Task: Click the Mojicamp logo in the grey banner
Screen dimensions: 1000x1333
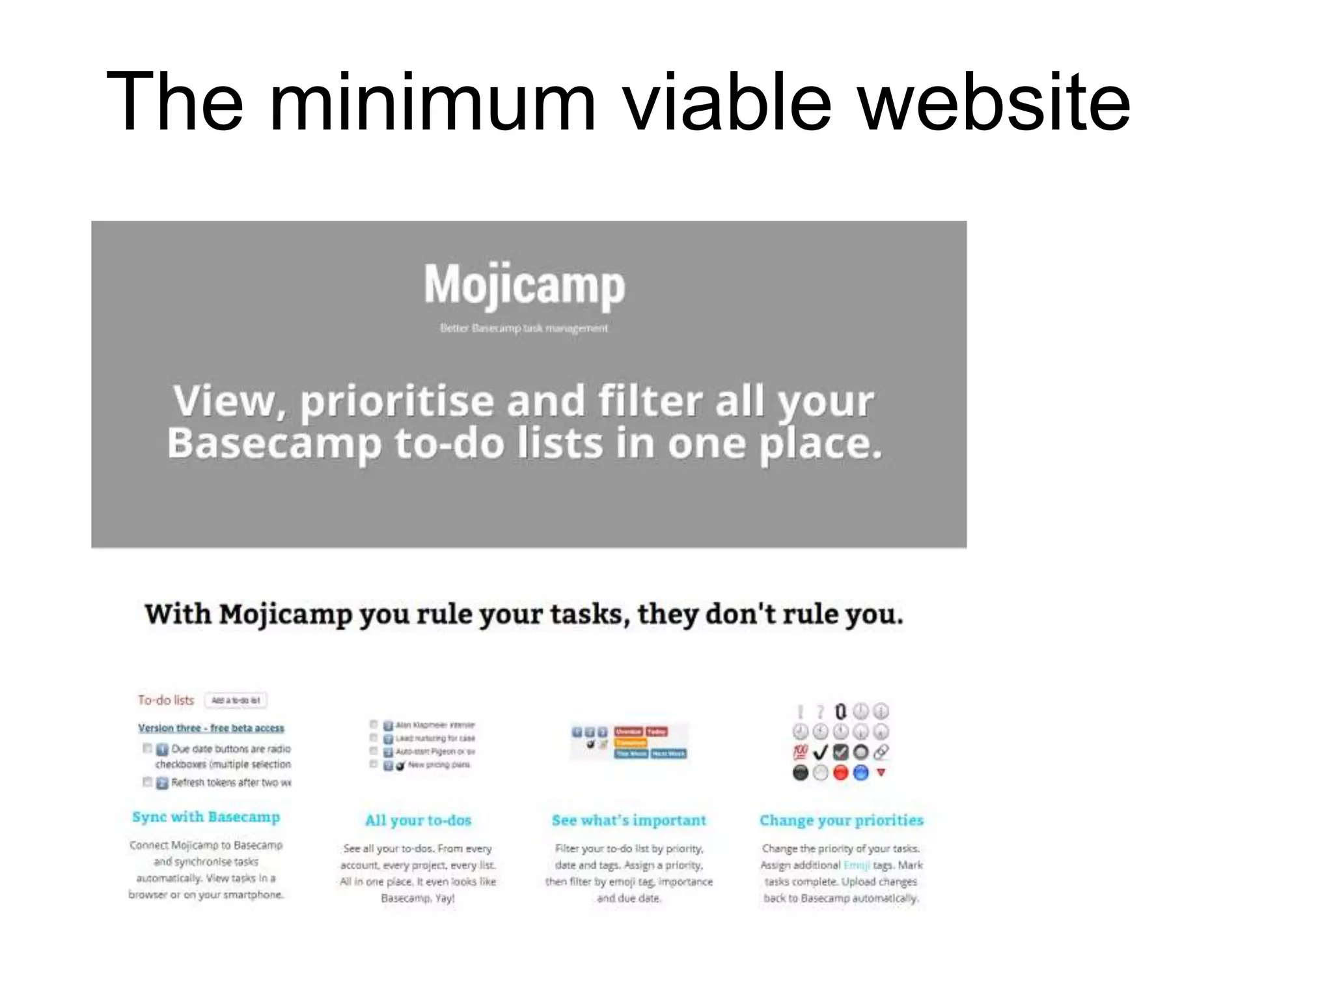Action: pyautogui.click(x=525, y=285)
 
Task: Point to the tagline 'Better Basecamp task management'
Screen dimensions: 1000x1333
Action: pyautogui.click(x=524, y=328)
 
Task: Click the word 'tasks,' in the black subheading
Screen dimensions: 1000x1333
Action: pyautogui.click(x=590, y=614)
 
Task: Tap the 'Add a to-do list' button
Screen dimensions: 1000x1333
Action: pyautogui.click(x=236, y=701)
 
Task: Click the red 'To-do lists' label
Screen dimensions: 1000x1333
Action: pyautogui.click(x=166, y=701)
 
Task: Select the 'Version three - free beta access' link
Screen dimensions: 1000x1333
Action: pyautogui.click(x=211, y=728)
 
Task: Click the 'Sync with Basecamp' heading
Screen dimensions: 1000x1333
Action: pyautogui.click(x=206, y=817)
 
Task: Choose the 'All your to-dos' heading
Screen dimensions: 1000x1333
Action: pyautogui.click(x=418, y=820)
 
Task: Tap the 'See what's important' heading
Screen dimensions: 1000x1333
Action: pyautogui.click(x=629, y=820)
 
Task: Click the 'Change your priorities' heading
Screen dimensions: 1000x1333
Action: pyautogui.click(x=841, y=820)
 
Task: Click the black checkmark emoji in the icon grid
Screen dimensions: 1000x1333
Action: pyautogui.click(x=820, y=753)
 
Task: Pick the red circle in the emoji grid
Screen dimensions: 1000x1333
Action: pyautogui.click(x=840, y=773)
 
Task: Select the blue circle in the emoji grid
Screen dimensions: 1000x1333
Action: pyautogui.click(x=860, y=773)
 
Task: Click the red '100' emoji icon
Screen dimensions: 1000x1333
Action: pyautogui.click(x=800, y=753)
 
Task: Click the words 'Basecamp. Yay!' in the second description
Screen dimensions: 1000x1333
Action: pyautogui.click(x=418, y=898)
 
